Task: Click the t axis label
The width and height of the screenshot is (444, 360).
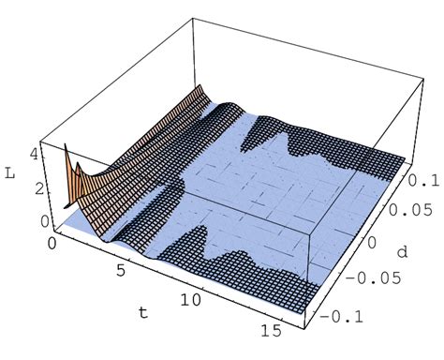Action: click(143, 312)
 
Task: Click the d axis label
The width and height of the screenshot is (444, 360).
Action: click(403, 251)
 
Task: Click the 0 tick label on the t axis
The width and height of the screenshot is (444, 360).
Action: click(52, 243)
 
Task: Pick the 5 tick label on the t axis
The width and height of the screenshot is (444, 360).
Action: click(121, 270)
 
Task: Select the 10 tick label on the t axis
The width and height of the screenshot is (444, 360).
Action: click(190, 300)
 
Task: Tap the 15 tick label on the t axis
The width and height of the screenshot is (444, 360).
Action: click(271, 330)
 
